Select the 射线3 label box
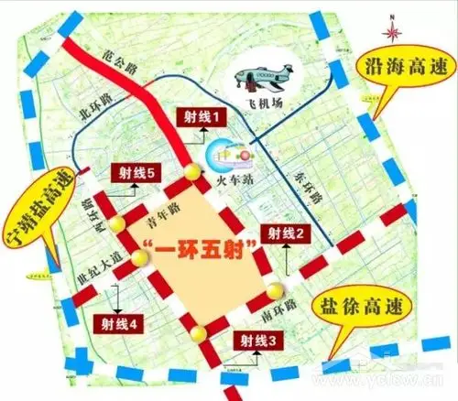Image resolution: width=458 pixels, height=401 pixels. [257, 342]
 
